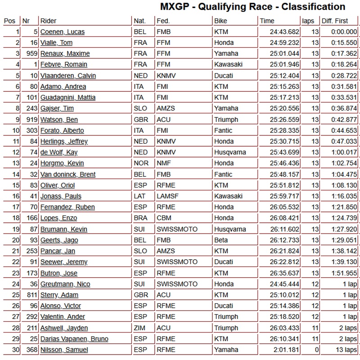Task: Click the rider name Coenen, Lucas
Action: pos(62,31)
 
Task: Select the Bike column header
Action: pos(220,21)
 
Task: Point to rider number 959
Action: pos(30,54)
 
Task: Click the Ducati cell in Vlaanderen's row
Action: pos(224,76)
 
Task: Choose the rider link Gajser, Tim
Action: pos(57,108)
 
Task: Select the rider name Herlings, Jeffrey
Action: pos(64,141)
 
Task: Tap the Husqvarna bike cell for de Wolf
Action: pos(230,153)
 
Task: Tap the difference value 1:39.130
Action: pos(344,262)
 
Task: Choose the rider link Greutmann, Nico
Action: pos(65,284)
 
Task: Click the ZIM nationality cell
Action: pos(139,328)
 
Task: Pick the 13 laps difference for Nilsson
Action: pos(345,350)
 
